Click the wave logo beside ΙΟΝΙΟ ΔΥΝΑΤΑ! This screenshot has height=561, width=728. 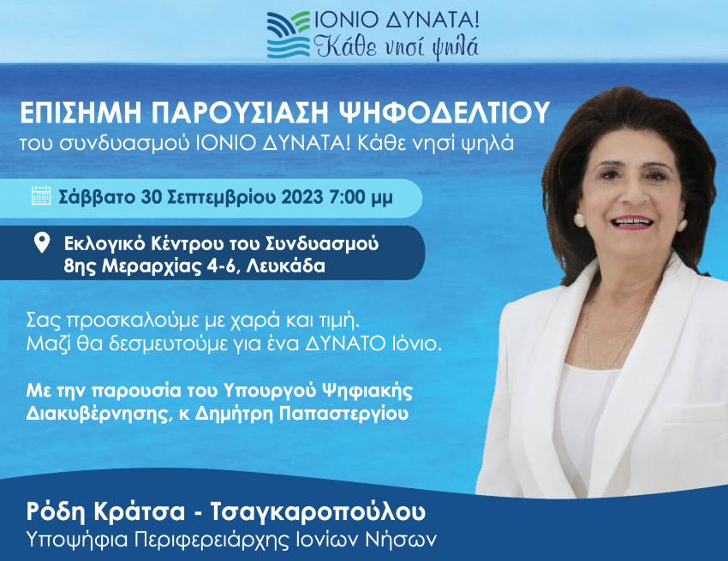click(x=289, y=35)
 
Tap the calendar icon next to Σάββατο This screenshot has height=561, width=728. click(x=41, y=195)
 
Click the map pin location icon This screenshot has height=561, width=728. click(x=42, y=243)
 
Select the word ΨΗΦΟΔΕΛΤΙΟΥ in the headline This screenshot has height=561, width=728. click(x=445, y=113)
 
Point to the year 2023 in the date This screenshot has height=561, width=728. click(x=301, y=197)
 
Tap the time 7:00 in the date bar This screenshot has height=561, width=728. click(x=347, y=197)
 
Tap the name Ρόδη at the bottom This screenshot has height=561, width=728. click(x=57, y=512)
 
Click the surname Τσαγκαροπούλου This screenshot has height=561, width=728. click(x=318, y=512)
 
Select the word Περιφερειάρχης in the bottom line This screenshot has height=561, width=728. click(x=212, y=540)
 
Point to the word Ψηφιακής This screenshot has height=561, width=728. click(x=367, y=391)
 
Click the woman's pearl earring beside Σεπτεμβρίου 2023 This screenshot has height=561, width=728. click(x=579, y=219)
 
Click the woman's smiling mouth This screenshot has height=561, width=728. click(x=632, y=222)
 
